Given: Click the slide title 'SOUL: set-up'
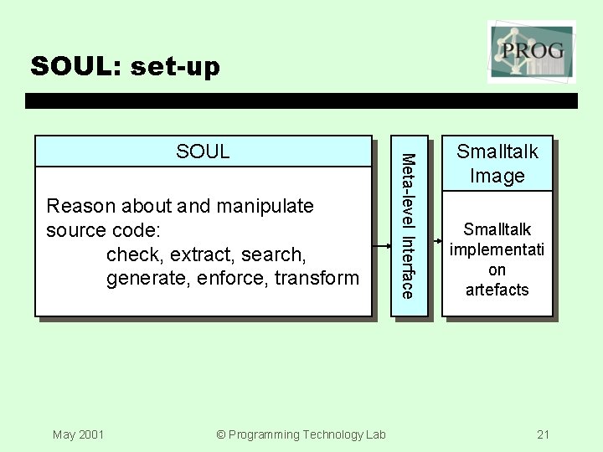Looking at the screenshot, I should [125, 66].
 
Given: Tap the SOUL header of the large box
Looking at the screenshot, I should [203, 152].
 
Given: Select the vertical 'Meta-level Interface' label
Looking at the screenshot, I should [407, 225].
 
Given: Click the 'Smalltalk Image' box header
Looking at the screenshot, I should [497, 163].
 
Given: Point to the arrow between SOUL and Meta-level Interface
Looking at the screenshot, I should [381, 246].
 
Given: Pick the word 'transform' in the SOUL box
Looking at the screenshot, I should [319, 278].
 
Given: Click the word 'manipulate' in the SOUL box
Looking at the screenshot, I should [267, 206].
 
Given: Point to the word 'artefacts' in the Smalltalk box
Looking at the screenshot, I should [497, 290].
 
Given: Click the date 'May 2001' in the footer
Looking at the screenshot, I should [78, 434].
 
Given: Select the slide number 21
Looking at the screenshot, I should [544, 434].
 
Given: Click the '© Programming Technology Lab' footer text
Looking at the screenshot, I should [301, 434].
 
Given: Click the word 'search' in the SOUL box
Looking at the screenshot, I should [273, 254].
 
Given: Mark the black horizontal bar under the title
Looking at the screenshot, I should [301, 100].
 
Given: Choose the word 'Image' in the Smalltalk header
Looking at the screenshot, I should [497, 176].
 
